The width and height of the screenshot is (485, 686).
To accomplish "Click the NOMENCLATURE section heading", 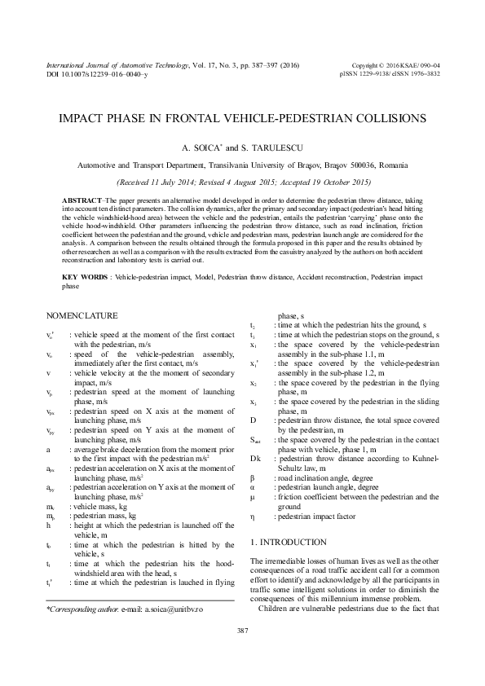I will coord(82,316).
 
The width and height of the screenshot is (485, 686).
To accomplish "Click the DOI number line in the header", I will coord(96,73).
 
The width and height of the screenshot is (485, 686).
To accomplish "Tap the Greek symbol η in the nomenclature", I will coord(253,517).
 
